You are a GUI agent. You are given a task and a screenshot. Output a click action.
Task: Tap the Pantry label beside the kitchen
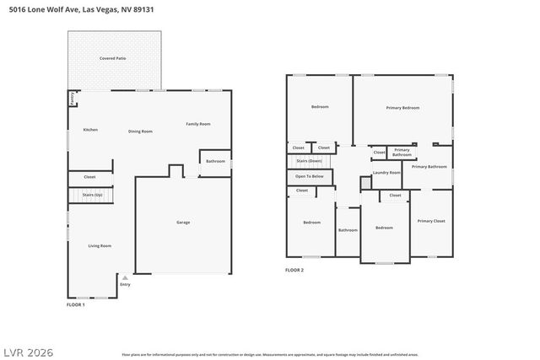(x=73, y=99)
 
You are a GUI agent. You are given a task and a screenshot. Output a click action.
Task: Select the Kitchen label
(x=90, y=130)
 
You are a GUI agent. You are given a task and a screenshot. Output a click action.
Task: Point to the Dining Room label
(x=140, y=132)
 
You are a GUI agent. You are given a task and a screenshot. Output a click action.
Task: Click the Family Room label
(x=198, y=124)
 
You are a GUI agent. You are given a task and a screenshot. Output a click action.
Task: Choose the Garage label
(x=183, y=223)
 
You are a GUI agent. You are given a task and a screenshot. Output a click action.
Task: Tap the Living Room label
(x=100, y=245)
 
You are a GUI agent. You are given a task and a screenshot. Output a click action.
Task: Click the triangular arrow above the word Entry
(x=125, y=277)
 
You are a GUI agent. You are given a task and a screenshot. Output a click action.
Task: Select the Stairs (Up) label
(x=93, y=195)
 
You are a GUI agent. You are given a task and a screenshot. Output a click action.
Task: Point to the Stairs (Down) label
(x=309, y=160)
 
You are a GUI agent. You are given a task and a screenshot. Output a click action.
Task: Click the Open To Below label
(x=309, y=176)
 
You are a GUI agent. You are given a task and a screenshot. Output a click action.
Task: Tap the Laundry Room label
(x=386, y=172)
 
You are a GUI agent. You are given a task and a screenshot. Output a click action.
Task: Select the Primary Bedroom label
(x=402, y=108)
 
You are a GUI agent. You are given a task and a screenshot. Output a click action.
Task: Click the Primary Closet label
(x=431, y=221)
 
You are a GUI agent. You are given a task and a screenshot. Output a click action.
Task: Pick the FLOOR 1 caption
(x=76, y=304)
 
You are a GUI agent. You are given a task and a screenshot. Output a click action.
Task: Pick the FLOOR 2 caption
(x=294, y=270)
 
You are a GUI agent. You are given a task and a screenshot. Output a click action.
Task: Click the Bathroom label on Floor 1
(x=215, y=161)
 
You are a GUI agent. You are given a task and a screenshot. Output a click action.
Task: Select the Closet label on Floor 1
(x=89, y=177)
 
